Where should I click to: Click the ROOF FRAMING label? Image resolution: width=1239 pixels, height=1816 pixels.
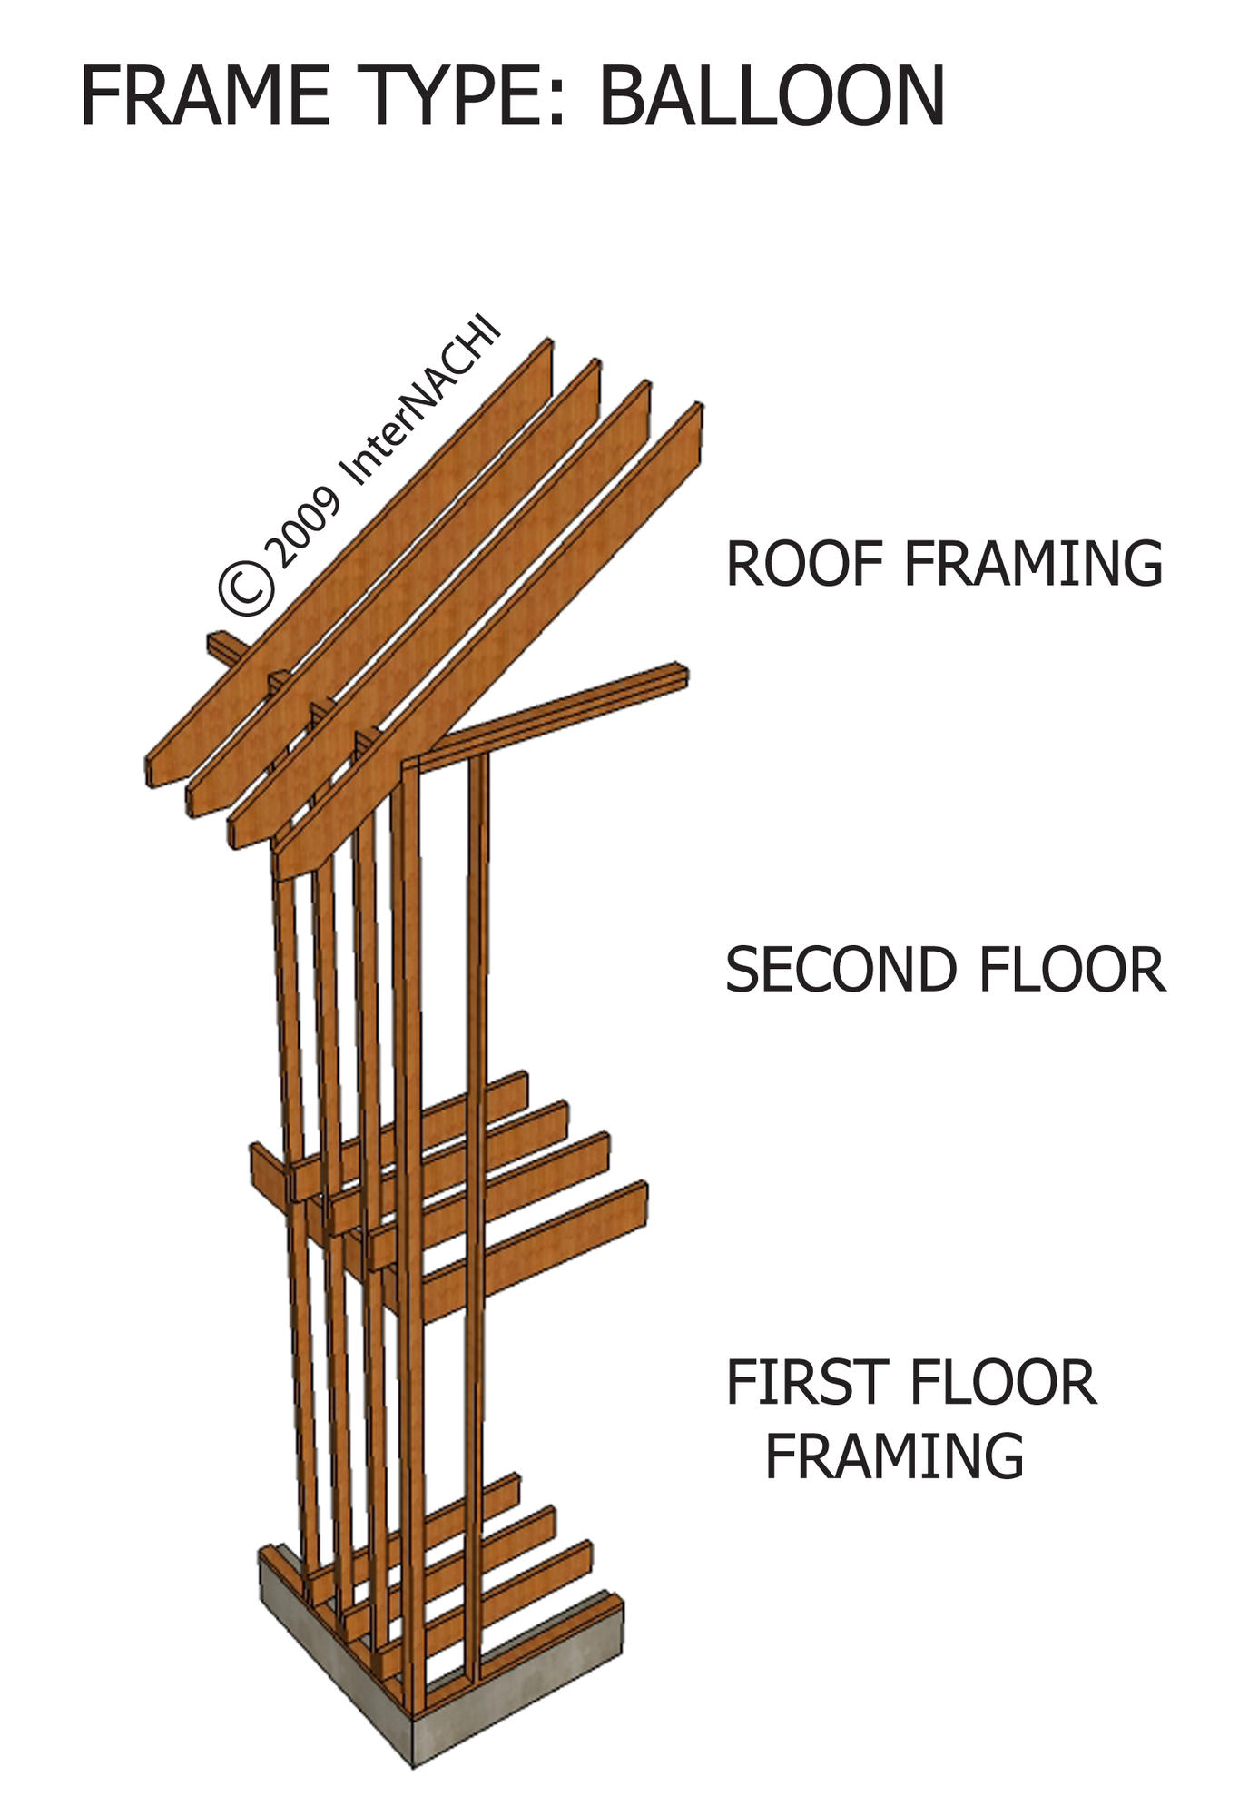(944, 564)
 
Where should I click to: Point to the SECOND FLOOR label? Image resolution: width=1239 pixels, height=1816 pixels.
(945, 969)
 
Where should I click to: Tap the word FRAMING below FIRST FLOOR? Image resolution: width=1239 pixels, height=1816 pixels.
(894, 1456)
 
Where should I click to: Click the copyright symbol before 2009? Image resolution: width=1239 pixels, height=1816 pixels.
(246, 587)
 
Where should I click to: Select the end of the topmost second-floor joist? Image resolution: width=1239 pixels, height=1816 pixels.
(521, 1088)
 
